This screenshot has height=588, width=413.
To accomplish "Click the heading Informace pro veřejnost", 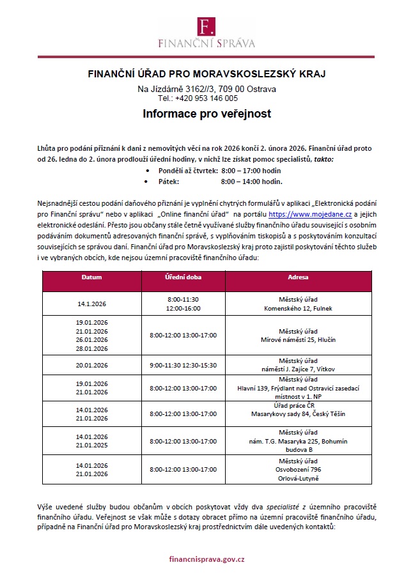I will (207, 114).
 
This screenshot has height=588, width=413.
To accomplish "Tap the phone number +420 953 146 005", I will (207, 98).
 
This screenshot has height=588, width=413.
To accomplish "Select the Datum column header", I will (91, 278).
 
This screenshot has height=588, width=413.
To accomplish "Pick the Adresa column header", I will (298, 278).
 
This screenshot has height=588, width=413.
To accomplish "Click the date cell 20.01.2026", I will (91, 366).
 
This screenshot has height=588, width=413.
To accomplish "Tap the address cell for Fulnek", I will (298, 304).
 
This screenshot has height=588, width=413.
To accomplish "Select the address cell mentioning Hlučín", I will (298, 335).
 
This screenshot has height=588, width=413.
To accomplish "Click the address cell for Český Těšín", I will (298, 410).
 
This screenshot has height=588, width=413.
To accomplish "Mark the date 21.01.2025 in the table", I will (91, 445).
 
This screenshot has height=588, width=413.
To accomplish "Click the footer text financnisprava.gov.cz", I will (207, 559).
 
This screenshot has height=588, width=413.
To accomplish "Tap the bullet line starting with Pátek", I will (211, 182).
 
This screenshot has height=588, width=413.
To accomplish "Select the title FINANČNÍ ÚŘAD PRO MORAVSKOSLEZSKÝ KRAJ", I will (207, 74).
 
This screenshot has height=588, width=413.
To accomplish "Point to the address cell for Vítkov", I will (298, 366).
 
